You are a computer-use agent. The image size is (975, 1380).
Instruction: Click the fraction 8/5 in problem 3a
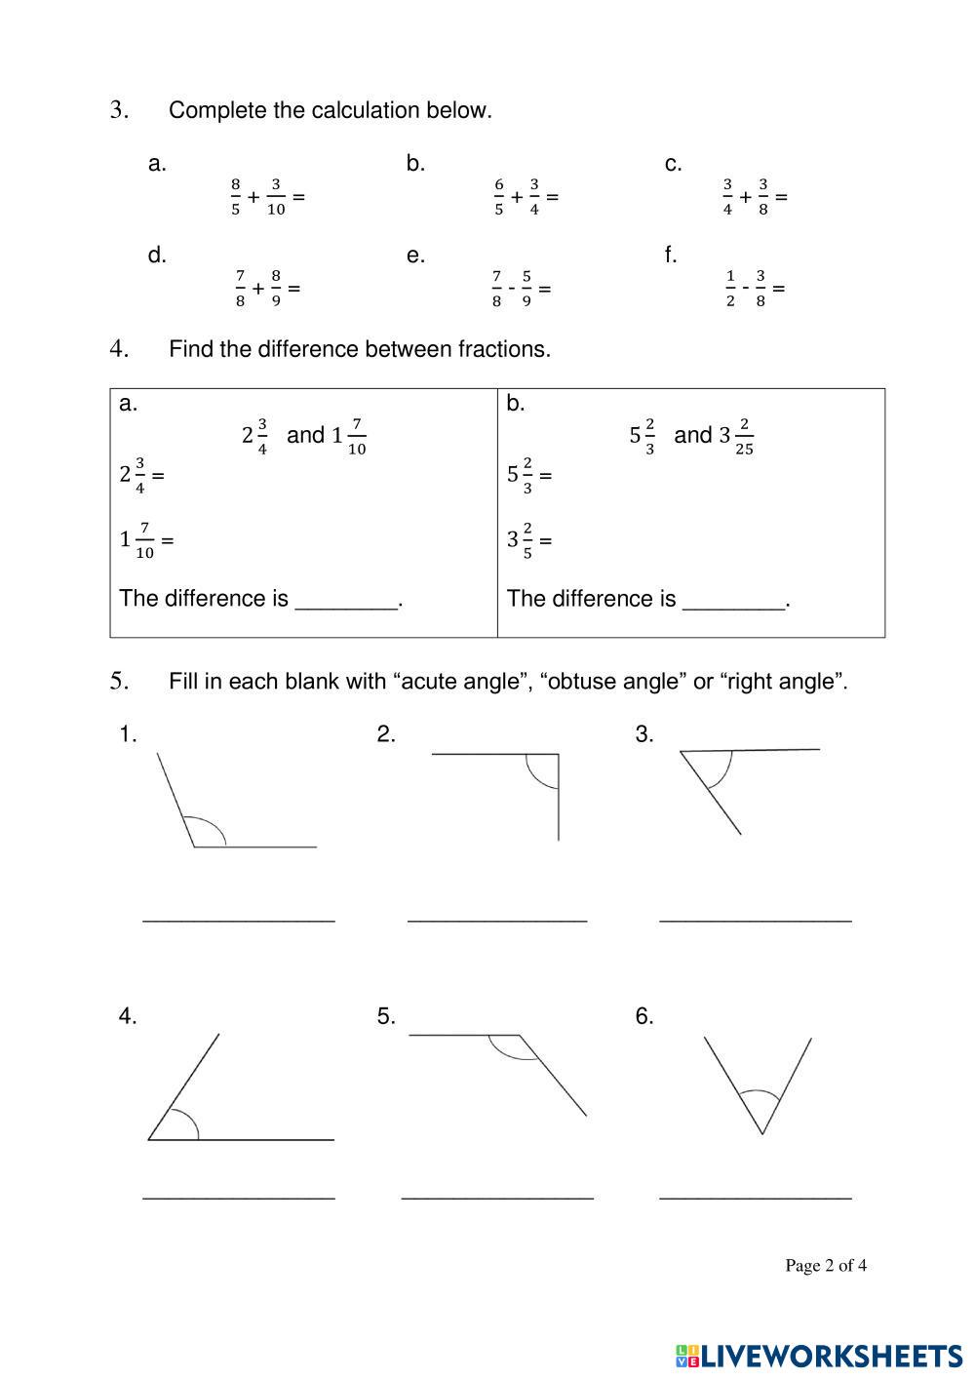point(235,197)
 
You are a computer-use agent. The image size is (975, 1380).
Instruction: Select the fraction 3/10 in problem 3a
point(276,197)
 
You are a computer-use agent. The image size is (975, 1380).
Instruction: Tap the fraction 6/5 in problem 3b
point(499,197)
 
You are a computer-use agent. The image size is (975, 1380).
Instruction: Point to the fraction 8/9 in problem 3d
point(276,289)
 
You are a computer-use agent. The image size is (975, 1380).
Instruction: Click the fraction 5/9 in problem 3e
point(526,289)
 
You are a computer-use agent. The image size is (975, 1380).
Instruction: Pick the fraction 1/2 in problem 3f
point(730,289)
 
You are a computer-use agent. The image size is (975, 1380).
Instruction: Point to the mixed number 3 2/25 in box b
point(736,436)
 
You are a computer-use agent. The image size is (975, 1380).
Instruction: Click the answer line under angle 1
point(239,920)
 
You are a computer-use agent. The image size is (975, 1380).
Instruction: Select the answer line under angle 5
point(497,1197)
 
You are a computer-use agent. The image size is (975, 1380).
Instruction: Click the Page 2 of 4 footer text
point(826,1266)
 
